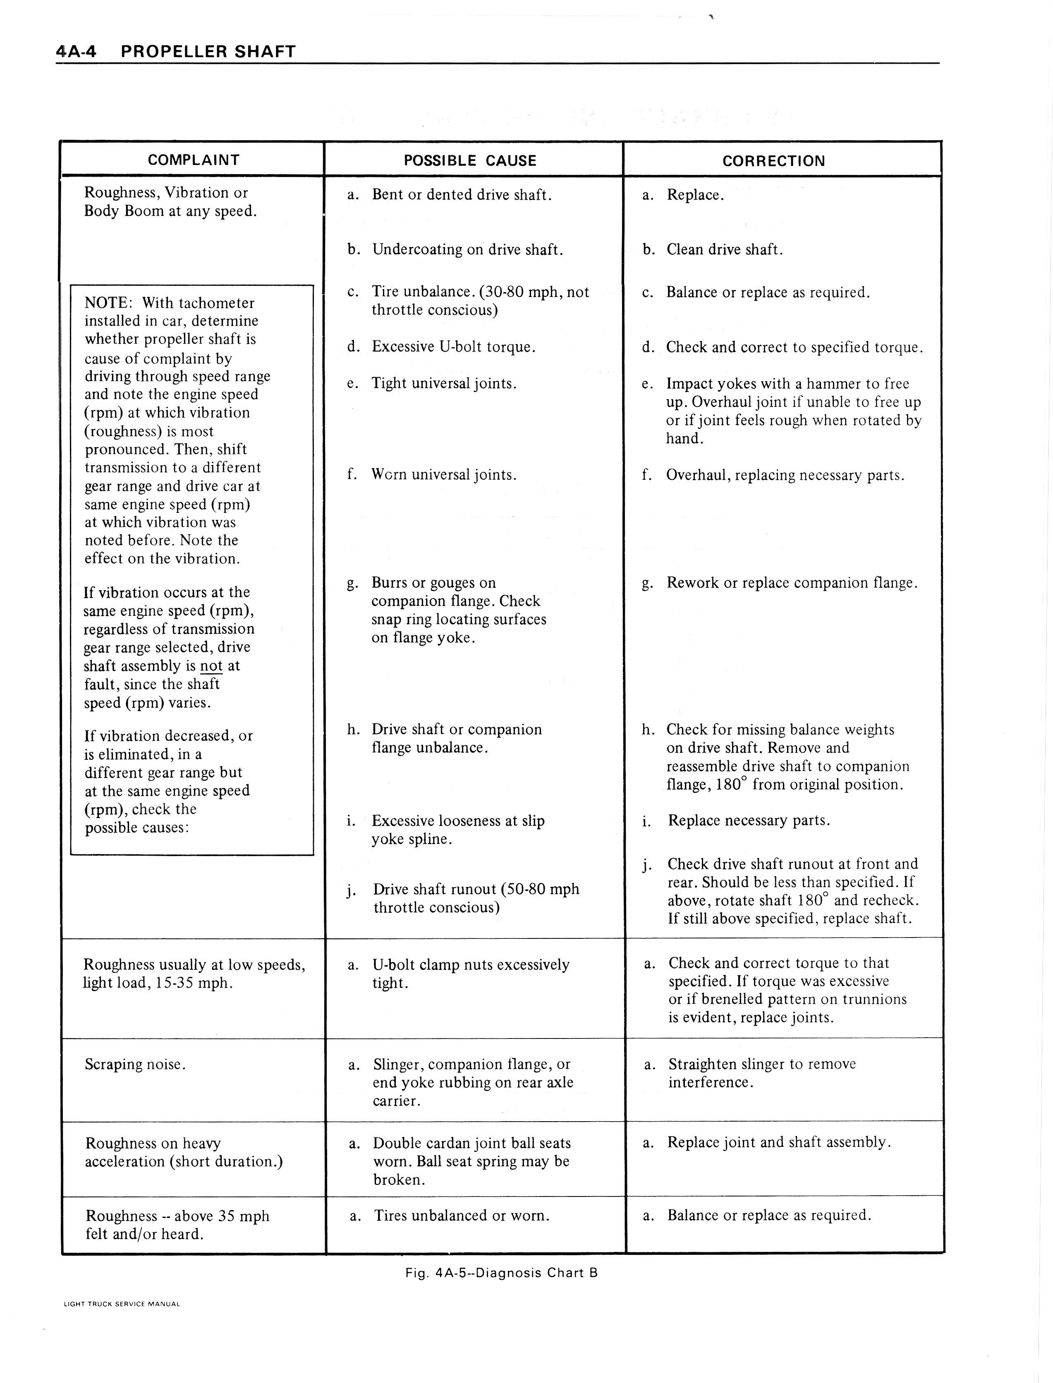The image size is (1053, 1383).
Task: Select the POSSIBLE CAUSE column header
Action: point(470,160)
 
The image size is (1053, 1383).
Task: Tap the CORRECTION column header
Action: point(773,161)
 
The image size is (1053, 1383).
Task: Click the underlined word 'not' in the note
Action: point(211,666)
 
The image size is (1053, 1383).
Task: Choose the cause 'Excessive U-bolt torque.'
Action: point(453,347)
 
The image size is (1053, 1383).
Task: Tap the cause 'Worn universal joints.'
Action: point(444,475)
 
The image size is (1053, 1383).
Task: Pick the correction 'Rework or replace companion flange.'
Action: point(792,583)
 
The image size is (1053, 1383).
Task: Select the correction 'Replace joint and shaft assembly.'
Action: point(778,1142)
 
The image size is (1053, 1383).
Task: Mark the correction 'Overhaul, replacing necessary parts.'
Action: point(785,475)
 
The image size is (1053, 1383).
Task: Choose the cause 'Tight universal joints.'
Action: point(444,383)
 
